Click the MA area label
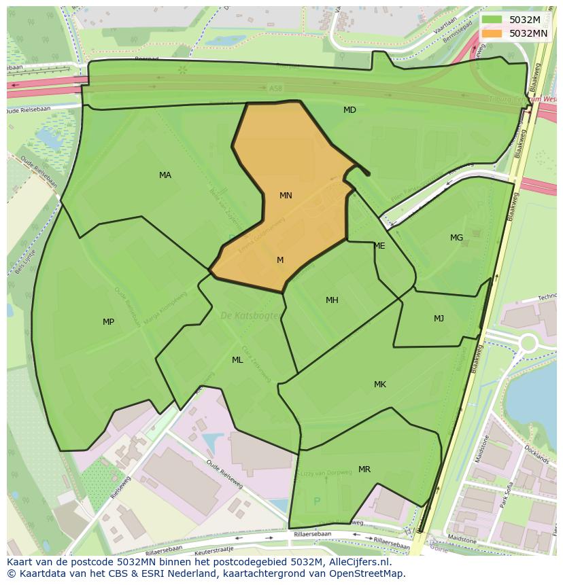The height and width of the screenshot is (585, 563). [x=165, y=175]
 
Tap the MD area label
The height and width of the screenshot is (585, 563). [x=349, y=110]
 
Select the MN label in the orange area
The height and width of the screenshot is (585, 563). [x=286, y=196]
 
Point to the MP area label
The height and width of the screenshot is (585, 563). [x=108, y=322]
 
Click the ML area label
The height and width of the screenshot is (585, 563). [x=237, y=360]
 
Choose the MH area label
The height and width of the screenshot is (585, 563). [x=332, y=300]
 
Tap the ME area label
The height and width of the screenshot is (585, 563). [x=379, y=246]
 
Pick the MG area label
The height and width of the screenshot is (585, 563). [x=456, y=238]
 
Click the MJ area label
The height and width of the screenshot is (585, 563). [x=439, y=319]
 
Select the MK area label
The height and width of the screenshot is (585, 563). [x=380, y=385]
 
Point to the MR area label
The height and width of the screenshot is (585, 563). [x=364, y=469]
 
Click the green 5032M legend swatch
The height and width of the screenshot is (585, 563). [x=492, y=20]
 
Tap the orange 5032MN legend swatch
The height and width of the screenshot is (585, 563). [x=492, y=33]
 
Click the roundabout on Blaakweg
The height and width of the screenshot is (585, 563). [x=528, y=342]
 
